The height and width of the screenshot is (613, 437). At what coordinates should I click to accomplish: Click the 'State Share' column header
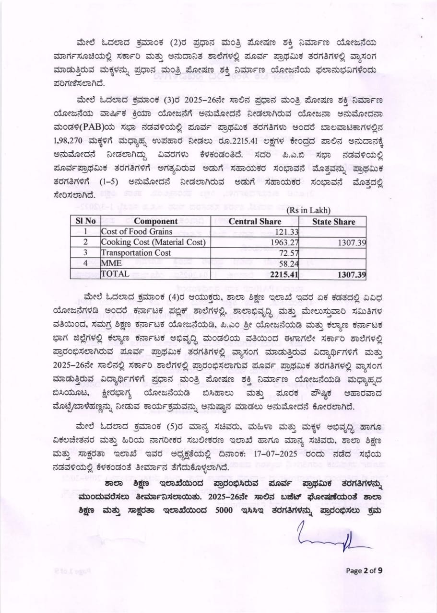click(333, 222)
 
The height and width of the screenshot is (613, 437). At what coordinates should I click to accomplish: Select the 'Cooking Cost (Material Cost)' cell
click(153, 242)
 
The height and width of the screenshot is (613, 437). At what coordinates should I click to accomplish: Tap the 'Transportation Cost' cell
click(136, 253)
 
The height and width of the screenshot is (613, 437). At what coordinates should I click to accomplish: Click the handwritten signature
click(331, 540)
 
